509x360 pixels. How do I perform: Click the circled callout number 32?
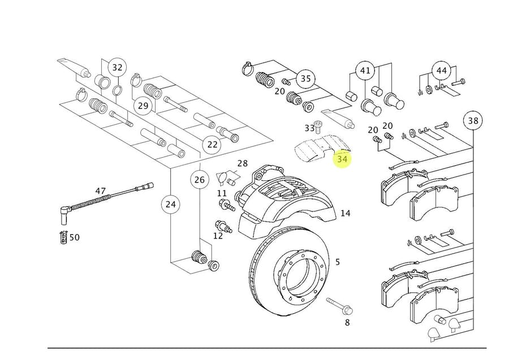(117, 68)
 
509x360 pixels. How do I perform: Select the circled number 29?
(143, 106)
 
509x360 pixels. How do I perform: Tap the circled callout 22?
(212, 144)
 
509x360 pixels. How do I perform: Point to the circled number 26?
(200, 180)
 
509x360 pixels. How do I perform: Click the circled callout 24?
(170, 205)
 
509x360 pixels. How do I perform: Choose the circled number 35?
(305, 79)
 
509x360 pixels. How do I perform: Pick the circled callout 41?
(365, 71)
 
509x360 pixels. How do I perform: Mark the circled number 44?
(442, 71)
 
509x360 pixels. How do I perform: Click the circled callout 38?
(473, 120)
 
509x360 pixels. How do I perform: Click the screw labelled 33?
(318, 127)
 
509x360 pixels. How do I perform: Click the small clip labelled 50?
(63, 237)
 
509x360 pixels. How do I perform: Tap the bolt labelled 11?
(227, 205)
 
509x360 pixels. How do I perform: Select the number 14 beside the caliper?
(346, 213)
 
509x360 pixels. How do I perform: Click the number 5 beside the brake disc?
(338, 262)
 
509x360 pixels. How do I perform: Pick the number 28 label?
(243, 163)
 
